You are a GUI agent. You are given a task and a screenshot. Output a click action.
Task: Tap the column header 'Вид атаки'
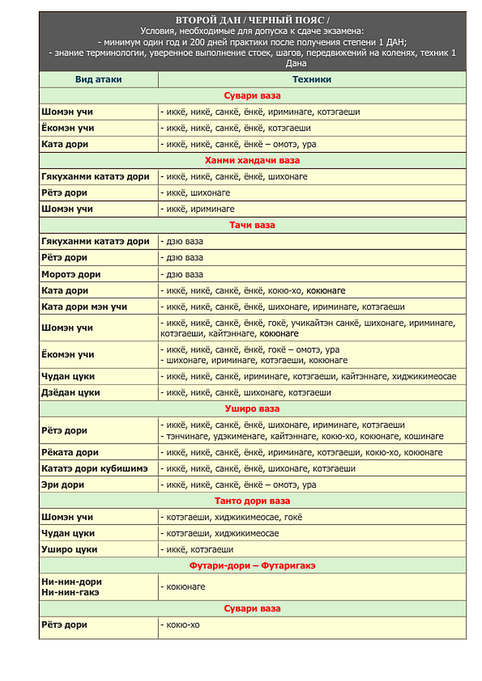[98, 80]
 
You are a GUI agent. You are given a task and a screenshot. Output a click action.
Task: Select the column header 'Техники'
[311, 80]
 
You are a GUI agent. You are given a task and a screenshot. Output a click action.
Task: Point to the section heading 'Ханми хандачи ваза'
[252, 160]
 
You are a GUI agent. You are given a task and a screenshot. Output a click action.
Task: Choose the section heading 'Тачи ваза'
[252, 225]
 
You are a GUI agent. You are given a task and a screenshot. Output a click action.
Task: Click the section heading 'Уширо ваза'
[252, 409]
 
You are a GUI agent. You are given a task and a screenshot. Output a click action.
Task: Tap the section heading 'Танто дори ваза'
[252, 501]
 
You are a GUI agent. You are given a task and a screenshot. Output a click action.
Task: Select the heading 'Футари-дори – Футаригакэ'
[252, 565]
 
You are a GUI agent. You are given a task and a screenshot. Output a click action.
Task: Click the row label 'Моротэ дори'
[71, 274]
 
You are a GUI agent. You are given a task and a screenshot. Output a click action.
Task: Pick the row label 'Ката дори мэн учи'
[84, 307]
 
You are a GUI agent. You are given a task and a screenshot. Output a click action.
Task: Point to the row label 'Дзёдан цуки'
[70, 392]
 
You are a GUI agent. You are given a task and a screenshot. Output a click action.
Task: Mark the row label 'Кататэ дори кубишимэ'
[94, 468]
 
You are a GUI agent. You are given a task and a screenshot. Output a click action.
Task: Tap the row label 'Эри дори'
[63, 484]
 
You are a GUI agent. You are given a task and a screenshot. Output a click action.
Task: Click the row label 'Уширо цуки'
[69, 549]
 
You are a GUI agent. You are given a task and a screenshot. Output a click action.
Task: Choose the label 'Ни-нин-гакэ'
[70, 592]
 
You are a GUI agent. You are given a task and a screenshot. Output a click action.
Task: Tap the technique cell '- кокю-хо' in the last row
[181, 624]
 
